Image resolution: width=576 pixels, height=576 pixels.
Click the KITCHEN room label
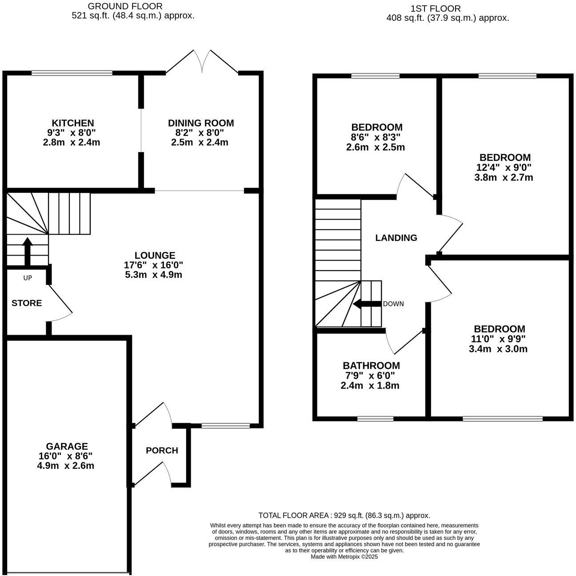tap(73, 123)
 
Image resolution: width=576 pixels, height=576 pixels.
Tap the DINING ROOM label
tap(200, 123)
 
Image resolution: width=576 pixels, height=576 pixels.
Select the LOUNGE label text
tap(155, 255)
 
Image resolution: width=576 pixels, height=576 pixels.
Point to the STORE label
tap(27, 303)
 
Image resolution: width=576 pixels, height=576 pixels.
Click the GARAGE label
tap(67, 446)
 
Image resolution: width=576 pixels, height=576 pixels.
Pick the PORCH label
tap(162, 450)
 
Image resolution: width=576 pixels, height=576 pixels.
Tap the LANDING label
tap(396, 238)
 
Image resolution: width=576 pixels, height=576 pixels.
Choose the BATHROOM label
tap(371, 365)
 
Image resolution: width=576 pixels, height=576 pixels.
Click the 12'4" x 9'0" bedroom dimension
tap(504, 168)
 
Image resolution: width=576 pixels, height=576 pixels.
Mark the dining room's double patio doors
tap(202, 62)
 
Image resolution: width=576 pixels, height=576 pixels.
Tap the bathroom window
tap(375, 418)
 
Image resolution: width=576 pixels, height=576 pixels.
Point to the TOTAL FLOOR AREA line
tap(344, 516)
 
